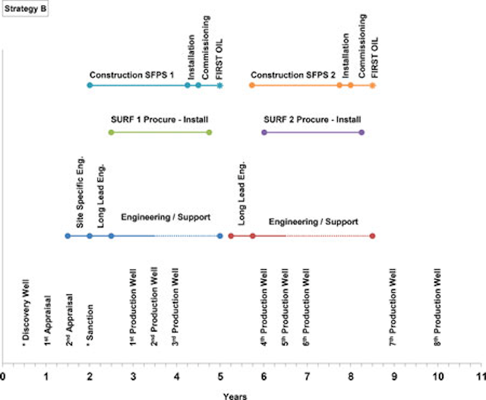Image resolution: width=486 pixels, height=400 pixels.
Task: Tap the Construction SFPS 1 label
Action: (x=131, y=75)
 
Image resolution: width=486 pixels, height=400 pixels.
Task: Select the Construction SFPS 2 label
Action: (x=292, y=75)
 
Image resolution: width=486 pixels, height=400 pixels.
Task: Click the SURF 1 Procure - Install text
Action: (x=159, y=120)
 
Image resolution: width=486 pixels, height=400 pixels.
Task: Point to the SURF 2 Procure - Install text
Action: (x=312, y=120)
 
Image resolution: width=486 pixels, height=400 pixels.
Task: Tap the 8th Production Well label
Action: (x=437, y=308)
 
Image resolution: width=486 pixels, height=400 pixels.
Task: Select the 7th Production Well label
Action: (x=393, y=308)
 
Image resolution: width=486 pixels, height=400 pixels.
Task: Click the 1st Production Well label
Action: (x=133, y=308)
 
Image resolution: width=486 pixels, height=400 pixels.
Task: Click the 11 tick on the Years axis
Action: (x=479, y=376)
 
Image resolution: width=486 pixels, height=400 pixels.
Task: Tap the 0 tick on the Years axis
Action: (x=3, y=376)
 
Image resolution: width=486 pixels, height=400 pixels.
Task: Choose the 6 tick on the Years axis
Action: (x=264, y=376)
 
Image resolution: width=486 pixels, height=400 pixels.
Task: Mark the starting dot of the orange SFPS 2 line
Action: (x=252, y=86)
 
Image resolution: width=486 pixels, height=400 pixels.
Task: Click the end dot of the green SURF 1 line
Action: (x=209, y=132)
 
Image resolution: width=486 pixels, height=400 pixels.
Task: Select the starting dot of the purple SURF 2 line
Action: (x=264, y=132)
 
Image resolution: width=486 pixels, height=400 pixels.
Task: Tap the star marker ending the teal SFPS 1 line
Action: (x=220, y=86)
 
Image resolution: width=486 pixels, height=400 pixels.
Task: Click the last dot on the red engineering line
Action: (x=372, y=236)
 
